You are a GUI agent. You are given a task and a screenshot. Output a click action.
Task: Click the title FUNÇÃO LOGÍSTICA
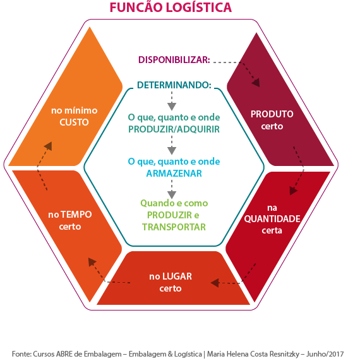click(171, 7)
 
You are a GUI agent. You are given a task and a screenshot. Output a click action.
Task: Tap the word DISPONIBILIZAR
click(174, 60)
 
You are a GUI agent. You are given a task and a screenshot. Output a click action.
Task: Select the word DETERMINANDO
click(174, 85)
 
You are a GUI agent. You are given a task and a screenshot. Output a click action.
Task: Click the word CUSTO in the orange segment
click(74, 122)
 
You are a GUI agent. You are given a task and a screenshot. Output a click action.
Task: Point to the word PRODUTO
click(272, 114)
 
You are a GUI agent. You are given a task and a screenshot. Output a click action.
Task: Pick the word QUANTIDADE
click(272, 219)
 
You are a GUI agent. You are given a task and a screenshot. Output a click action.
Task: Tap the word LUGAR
click(177, 276)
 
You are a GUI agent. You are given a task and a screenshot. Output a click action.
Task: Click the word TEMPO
click(76, 215)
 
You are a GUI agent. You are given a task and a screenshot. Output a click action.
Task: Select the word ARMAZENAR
click(174, 174)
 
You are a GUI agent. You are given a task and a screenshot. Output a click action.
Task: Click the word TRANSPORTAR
click(174, 227)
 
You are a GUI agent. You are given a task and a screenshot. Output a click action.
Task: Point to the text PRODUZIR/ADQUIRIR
click(174, 129)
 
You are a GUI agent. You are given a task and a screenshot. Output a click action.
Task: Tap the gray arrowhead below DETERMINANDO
click(172, 107)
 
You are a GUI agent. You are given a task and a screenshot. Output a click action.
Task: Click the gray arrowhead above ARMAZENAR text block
click(172, 151)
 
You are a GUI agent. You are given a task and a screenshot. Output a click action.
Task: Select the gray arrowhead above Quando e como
click(172, 195)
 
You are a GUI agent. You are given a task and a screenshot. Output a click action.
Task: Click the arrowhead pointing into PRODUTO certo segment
click(256, 83)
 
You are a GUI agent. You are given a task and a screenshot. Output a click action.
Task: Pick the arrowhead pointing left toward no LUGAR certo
click(215, 283)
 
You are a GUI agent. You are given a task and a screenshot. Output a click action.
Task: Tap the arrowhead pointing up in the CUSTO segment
click(49, 146)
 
